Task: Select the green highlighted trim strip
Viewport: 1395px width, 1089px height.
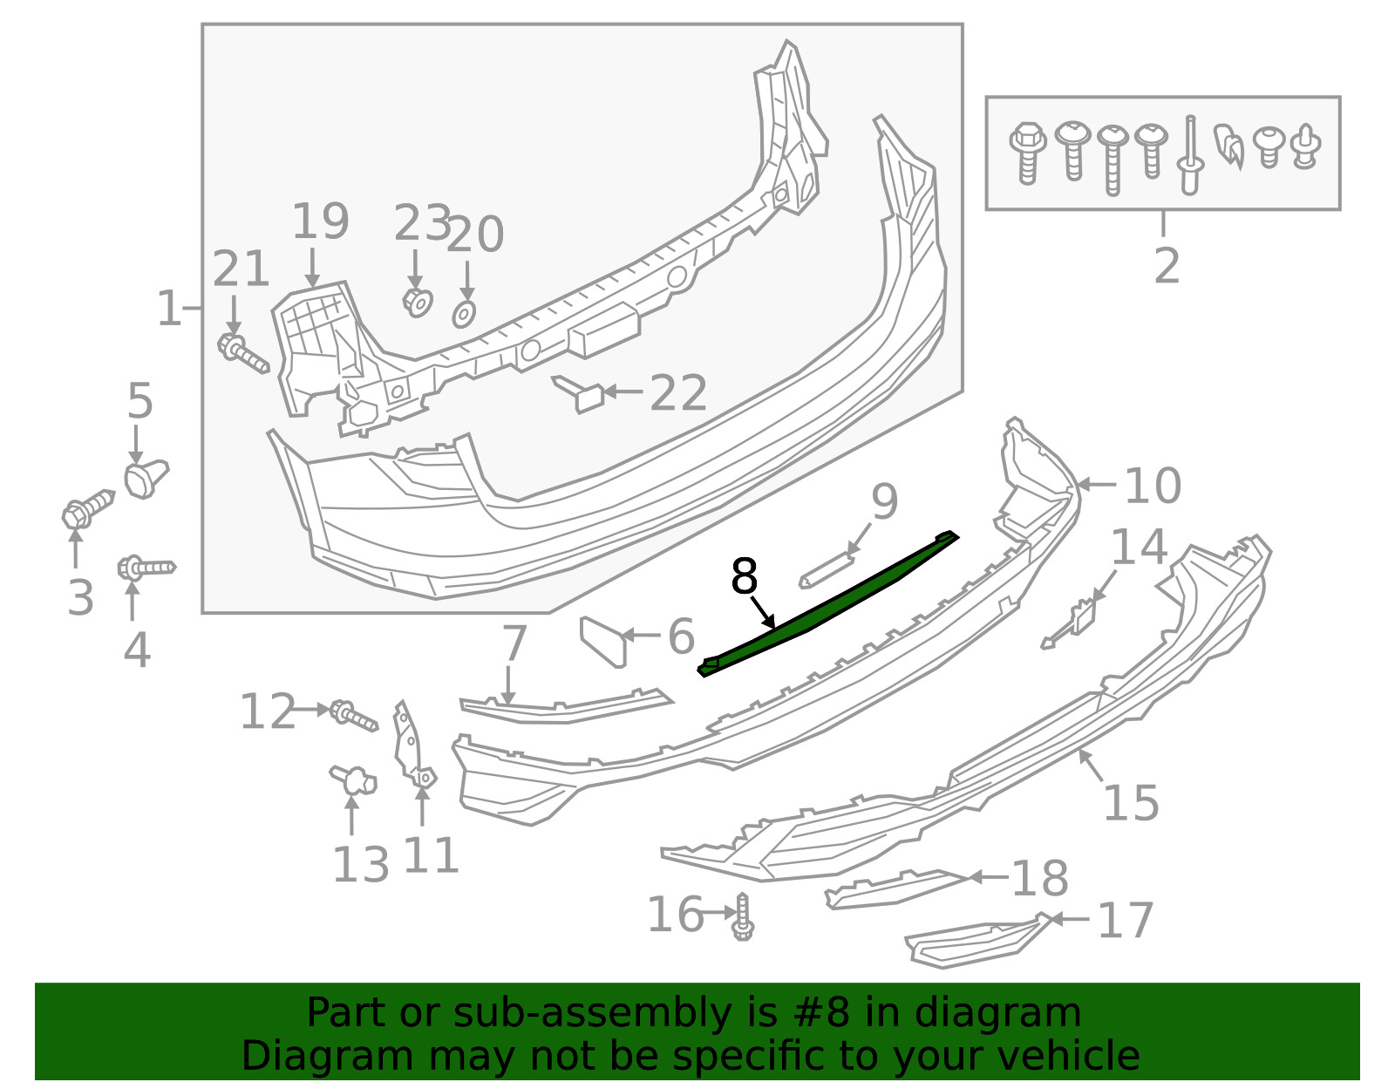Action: [x=828, y=604]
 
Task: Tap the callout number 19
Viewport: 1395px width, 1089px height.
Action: [x=320, y=221]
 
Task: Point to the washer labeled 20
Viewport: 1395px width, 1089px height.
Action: [x=464, y=315]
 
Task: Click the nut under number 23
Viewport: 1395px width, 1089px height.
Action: [x=418, y=303]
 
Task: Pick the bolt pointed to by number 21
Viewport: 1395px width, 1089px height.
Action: [x=243, y=355]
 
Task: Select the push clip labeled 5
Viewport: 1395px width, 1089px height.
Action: [x=146, y=478]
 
